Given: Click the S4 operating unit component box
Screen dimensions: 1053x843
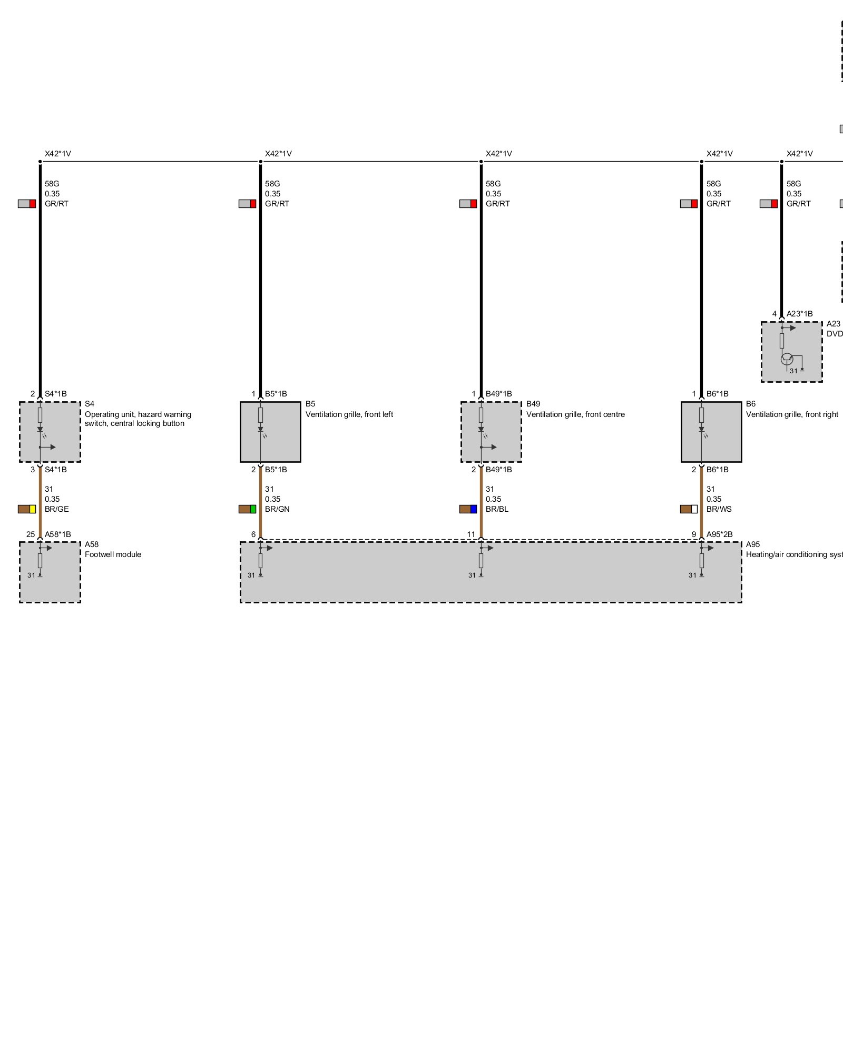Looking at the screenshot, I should coord(50,432).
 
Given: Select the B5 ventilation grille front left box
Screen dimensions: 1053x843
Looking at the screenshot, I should coord(270,432).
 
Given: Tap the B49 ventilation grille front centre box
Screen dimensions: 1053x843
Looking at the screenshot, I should coord(491,432).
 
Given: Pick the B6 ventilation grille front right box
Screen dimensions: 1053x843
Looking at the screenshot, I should coord(711,432).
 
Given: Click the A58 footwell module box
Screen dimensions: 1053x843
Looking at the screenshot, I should coord(50,572).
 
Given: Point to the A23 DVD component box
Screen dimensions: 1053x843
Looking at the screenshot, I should coord(791,352).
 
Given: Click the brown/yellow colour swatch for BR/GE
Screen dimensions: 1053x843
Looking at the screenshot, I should coord(27,509).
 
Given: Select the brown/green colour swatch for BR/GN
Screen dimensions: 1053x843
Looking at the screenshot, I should coord(247,509).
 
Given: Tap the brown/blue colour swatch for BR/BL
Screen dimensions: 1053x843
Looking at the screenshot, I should coord(468,509).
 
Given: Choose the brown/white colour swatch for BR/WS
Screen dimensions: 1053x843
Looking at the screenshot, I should coord(689,509).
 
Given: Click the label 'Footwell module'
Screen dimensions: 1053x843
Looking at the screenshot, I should coord(113,554).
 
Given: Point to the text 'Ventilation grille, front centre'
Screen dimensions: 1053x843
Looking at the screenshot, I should coord(575,414).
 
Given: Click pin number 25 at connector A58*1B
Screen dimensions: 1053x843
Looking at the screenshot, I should coord(31,534).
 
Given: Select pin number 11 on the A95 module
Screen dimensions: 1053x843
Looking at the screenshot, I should coord(471,534).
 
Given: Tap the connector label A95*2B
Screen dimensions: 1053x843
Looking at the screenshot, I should coord(719,534).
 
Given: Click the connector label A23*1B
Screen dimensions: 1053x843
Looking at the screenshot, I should coord(799,314).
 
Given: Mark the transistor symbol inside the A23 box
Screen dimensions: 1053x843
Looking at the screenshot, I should coord(787,359).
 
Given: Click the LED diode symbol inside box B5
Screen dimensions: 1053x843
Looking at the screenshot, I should coord(260,430).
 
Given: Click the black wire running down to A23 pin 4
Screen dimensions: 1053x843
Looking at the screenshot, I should coord(781,242).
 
